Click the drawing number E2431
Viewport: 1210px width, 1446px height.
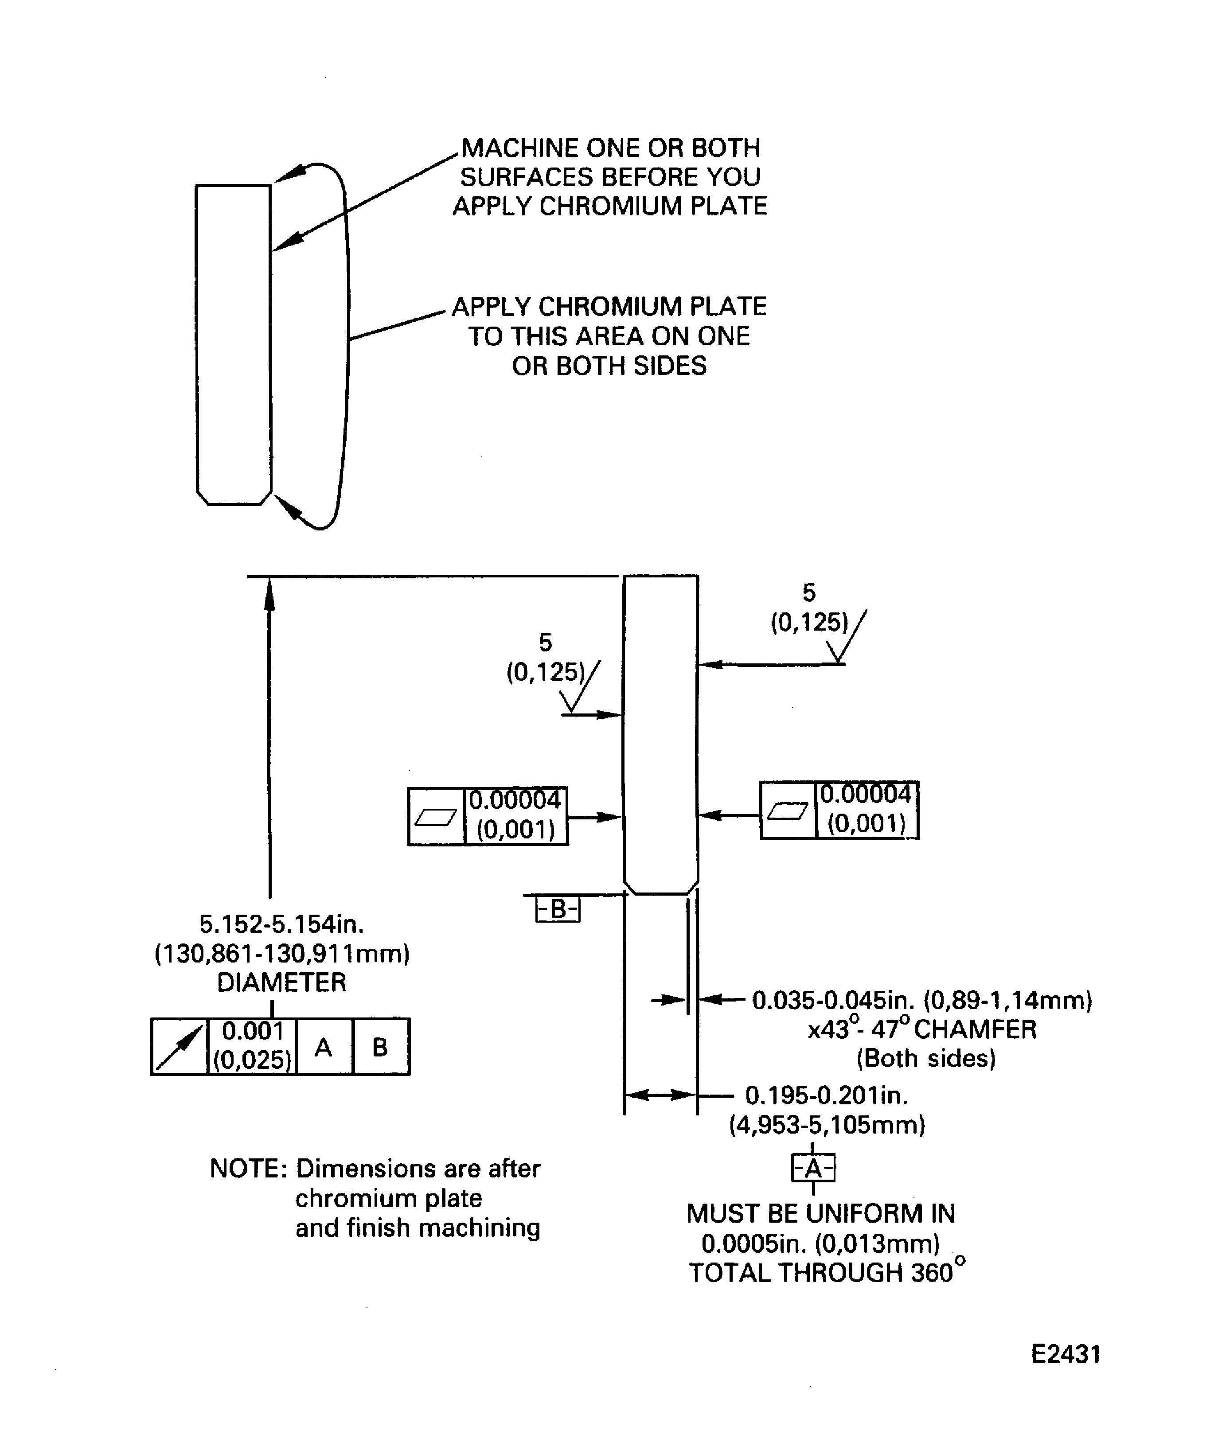1066,1354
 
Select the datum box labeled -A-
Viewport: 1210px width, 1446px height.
813,1168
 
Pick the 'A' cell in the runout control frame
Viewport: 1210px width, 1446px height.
324,1047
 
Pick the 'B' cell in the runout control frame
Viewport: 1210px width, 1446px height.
380,1047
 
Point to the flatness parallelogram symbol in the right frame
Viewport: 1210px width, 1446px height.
788,811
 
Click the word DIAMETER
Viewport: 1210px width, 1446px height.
281,982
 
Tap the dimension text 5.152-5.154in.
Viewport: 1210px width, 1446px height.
281,924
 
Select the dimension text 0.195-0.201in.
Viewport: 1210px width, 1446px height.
827,1095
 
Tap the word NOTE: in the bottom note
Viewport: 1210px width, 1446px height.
248,1169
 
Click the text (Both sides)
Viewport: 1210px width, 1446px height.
926,1058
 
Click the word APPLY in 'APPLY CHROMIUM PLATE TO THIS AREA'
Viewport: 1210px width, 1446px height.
491,306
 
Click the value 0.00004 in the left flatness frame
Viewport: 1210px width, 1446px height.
515,800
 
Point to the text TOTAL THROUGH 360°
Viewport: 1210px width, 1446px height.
827,1273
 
